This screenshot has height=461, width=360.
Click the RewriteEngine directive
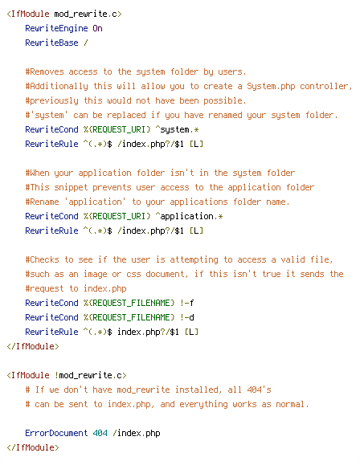tap(56, 28)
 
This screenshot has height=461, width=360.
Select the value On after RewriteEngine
tap(98, 28)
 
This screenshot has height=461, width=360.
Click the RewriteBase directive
tap(51, 43)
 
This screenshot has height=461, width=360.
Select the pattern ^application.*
tap(189, 216)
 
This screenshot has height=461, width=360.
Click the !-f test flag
tap(186, 303)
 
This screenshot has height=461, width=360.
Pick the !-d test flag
tap(186, 317)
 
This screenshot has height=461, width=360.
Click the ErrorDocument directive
tap(56, 433)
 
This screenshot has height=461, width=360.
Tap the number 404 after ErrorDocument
tap(100, 433)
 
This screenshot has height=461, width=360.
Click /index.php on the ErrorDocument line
tap(136, 433)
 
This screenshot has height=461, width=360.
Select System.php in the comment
tap(271, 86)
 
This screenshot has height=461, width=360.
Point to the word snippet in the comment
tap(71, 187)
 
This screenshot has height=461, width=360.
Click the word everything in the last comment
tap(203, 404)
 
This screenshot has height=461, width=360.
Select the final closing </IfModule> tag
tap(33, 447)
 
